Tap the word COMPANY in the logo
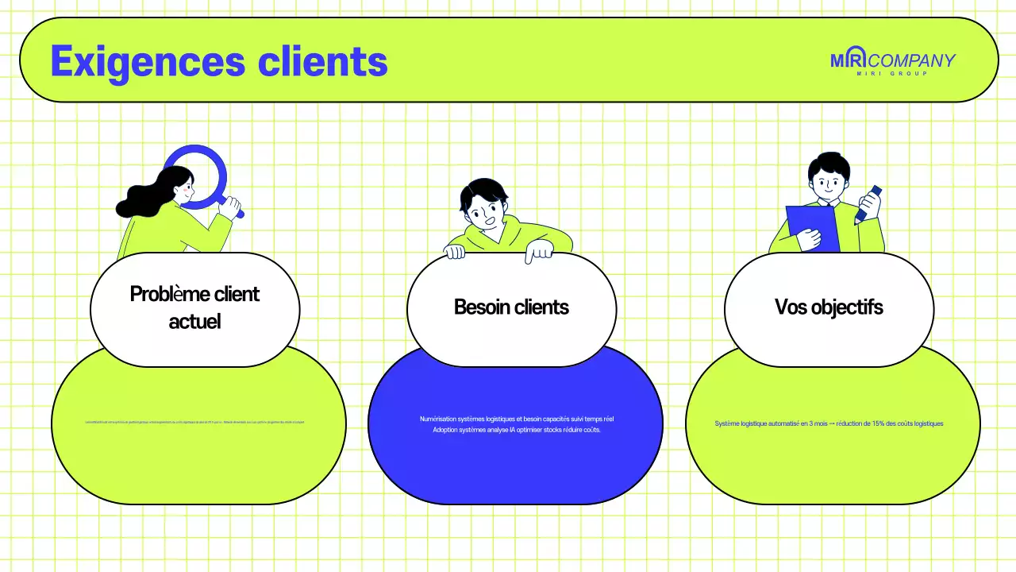(x=913, y=60)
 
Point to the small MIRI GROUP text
(x=892, y=74)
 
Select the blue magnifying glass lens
(x=195, y=175)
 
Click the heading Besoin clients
(x=511, y=307)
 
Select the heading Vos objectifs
(x=829, y=307)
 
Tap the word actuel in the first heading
(x=194, y=321)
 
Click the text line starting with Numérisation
(x=516, y=419)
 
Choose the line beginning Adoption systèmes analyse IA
(x=516, y=430)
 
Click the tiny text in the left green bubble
(x=194, y=422)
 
